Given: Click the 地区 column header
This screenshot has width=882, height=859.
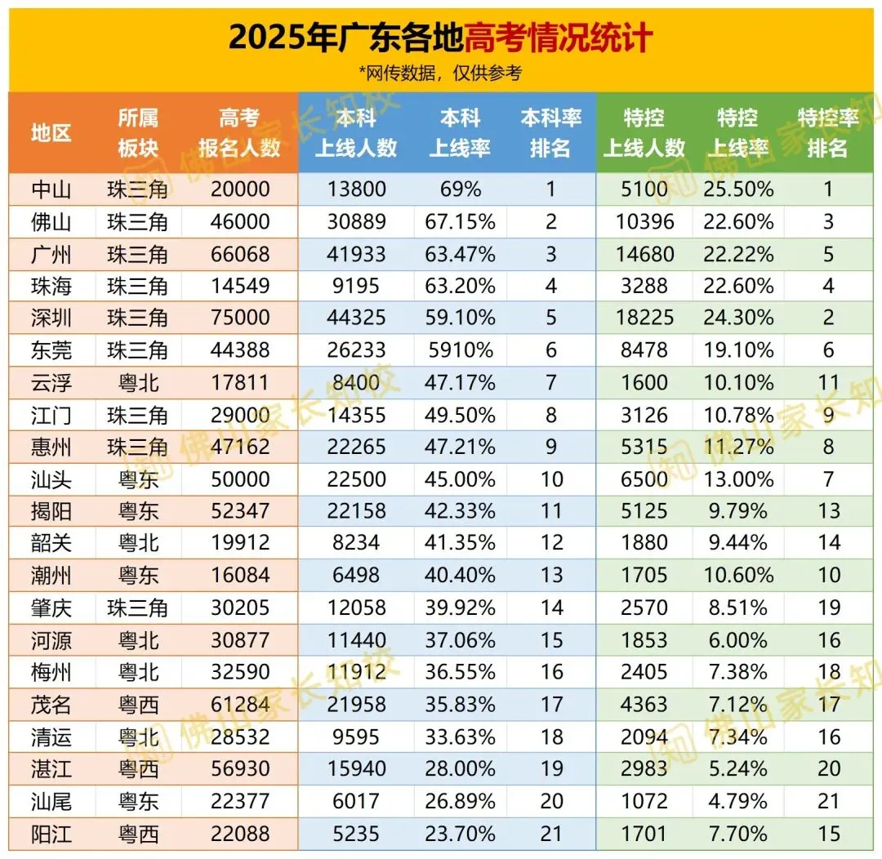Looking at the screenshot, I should click(x=51, y=132).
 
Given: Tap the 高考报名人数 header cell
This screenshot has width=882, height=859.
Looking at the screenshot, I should click(x=239, y=132).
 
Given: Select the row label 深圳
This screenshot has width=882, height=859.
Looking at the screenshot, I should click(x=51, y=318).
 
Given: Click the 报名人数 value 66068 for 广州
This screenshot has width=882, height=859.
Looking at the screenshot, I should click(x=240, y=254).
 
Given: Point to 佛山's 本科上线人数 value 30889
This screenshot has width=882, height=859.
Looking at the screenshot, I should click(x=356, y=222).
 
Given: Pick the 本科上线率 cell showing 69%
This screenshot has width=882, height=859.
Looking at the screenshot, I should click(x=460, y=190).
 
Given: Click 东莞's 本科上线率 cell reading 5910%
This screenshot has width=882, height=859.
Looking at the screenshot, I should click(x=460, y=350).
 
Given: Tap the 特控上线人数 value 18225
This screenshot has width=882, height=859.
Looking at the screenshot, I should click(x=644, y=318).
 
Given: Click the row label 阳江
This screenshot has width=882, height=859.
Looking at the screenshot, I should click(x=51, y=834).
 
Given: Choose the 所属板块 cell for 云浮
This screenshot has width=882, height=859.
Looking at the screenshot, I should click(x=137, y=382).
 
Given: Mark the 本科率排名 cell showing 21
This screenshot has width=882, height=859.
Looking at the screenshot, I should click(x=551, y=834).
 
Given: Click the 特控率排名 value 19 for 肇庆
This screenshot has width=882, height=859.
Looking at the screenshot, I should click(x=829, y=608).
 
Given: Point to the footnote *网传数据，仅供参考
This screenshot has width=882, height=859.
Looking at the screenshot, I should click(x=440, y=73).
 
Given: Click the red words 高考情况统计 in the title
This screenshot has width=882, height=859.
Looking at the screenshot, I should click(x=559, y=38).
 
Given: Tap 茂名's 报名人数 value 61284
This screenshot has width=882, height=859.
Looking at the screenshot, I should click(x=240, y=704).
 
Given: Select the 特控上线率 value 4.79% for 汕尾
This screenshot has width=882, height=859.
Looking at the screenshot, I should click(x=737, y=801).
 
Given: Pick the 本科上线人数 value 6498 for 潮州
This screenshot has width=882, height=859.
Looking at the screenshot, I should click(x=356, y=575).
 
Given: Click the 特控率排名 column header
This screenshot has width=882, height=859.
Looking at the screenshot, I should click(x=828, y=132).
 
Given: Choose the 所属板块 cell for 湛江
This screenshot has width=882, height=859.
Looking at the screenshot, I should click(x=137, y=768).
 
